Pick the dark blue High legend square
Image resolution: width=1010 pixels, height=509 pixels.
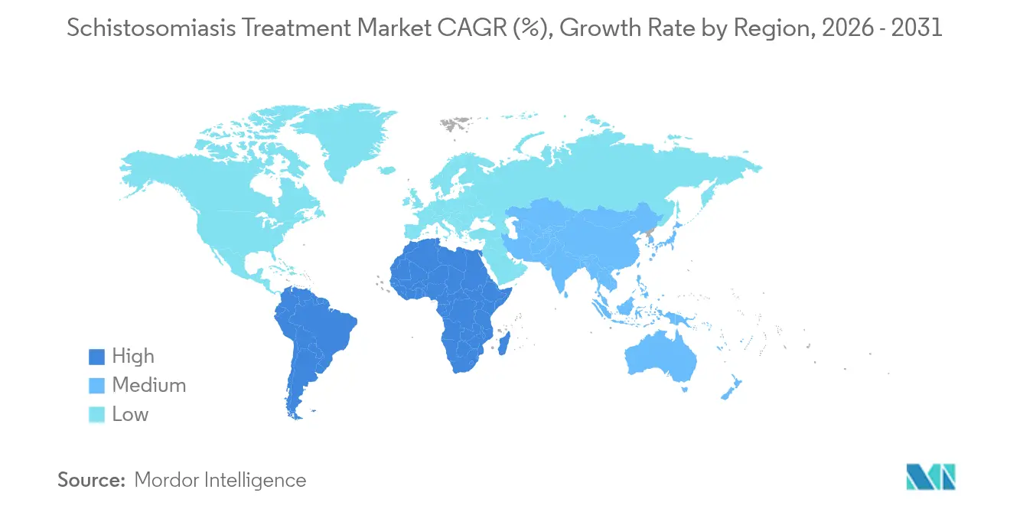(x=96, y=357)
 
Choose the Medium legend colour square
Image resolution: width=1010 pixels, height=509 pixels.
(x=96, y=386)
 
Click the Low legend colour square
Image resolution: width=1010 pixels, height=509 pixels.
(x=96, y=415)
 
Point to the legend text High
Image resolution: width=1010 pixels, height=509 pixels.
(x=133, y=357)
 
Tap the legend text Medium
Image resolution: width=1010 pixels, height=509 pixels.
(x=148, y=386)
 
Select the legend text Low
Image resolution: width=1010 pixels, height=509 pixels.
(x=130, y=415)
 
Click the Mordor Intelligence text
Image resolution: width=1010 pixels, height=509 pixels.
(x=220, y=480)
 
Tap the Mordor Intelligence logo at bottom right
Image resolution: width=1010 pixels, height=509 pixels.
(x=930, y=477)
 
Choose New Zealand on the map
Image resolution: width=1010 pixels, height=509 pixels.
(x=731, y=387)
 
